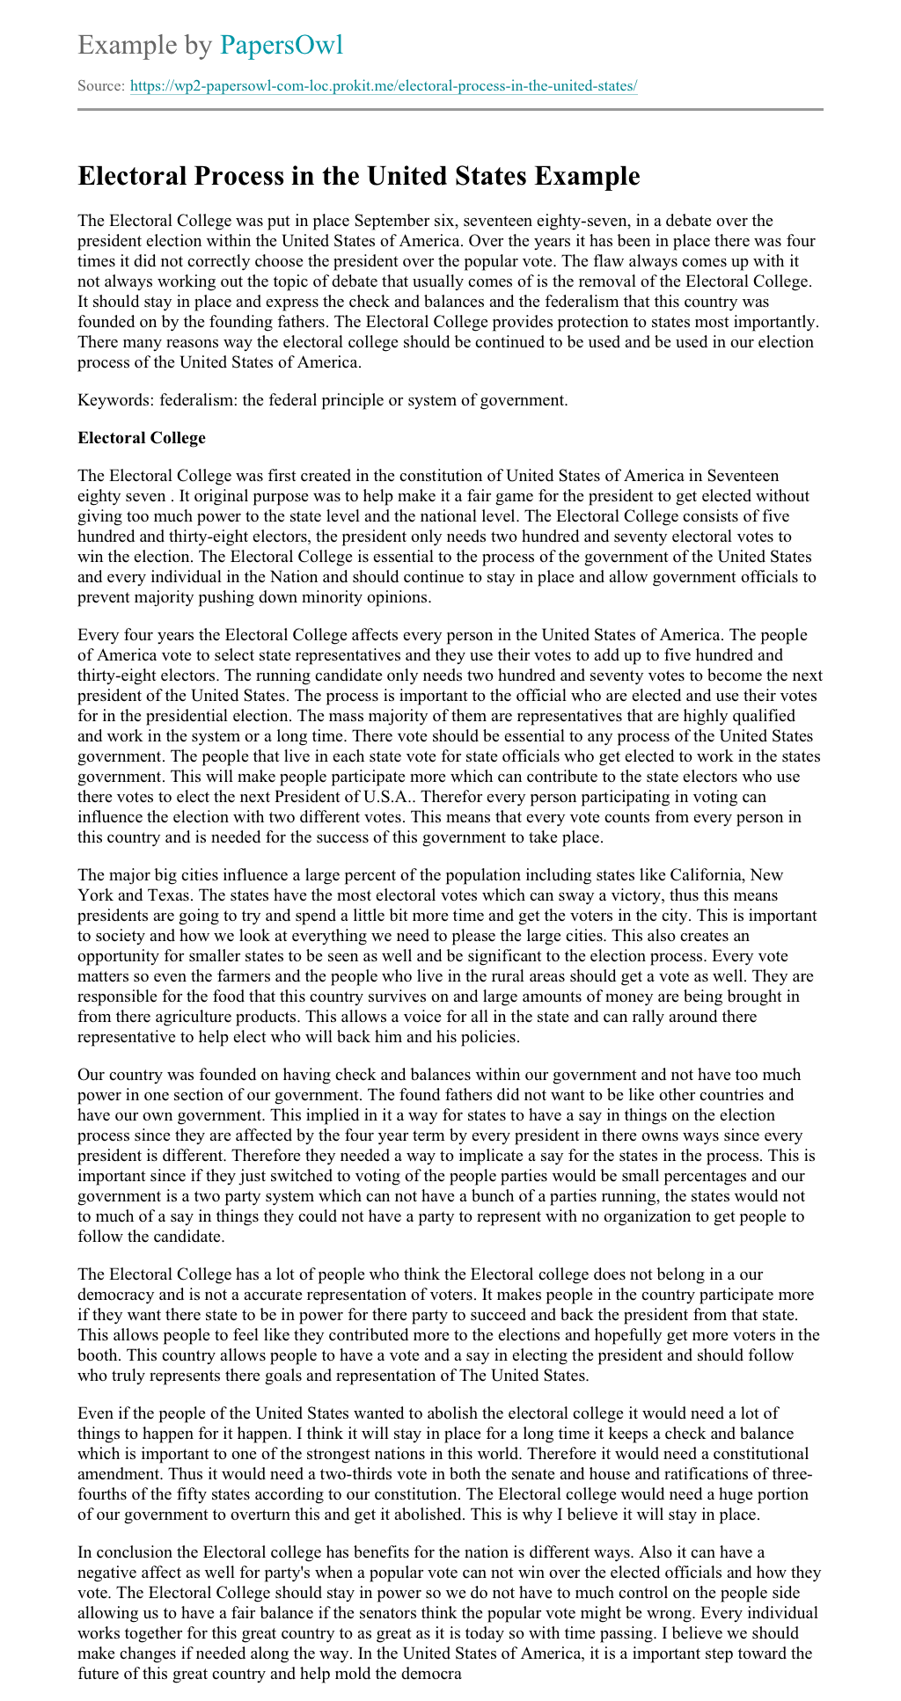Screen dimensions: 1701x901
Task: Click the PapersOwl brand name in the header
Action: (281, 45)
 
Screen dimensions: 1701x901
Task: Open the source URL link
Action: (383, 86)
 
